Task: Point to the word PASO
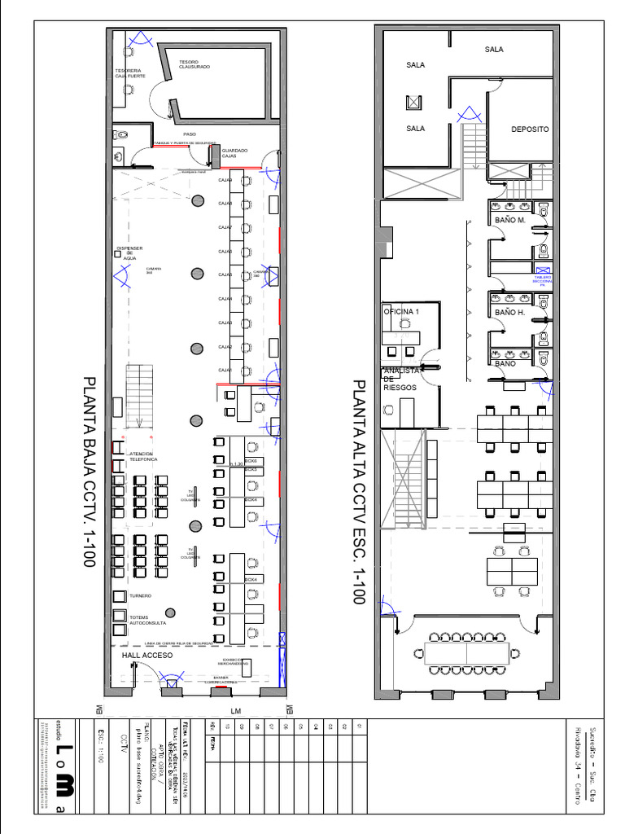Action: (x=190, y=134)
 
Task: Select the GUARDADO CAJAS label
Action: (x=234, y=152)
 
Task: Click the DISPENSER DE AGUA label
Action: (x=129, y=252)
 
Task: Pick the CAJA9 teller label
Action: (x=225, y=180)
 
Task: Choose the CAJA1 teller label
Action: (x=225, y=370)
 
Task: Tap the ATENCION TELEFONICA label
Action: (x=143, y=457)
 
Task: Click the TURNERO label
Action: (x=140, y=596)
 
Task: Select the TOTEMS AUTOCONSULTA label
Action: (x=147, y=621)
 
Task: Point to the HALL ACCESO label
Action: (x=148, y=655)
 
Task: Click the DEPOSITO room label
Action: (x=530, y=129)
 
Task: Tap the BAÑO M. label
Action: (x=509, y=221)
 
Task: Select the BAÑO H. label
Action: (x=509, y=312)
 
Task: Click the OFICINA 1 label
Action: (x=401, y=311)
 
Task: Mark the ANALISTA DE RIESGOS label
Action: (x=400, y=379)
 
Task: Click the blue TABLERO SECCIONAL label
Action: (x=543, y=280)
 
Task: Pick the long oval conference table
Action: (x=467, y=652)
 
